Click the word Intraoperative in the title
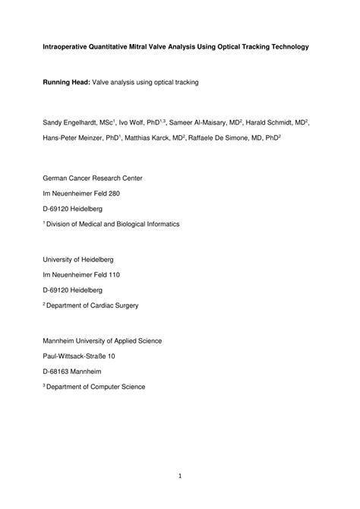pyautogui.click(x=66, y=47)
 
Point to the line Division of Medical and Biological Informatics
pyautogui.click(x=113, y=224)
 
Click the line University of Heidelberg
pyautogui.click(x=79, y=258)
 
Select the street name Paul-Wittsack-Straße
pyautogui.click(x=81, y=356)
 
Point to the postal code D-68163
pyautogui.click(x=55, y=371)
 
